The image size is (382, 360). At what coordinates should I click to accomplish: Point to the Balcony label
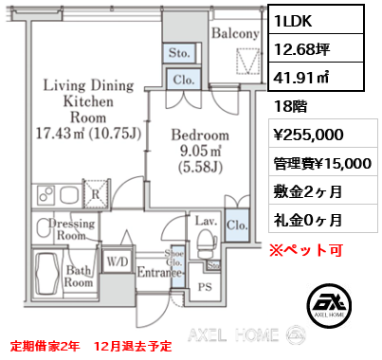235,34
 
